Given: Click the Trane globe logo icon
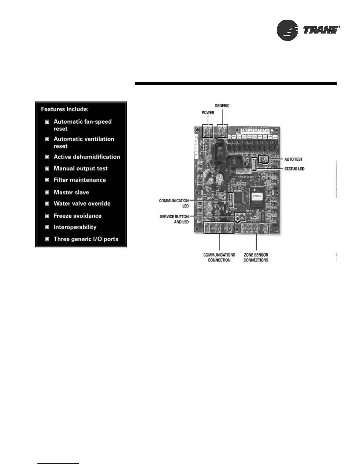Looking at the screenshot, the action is point(288,30).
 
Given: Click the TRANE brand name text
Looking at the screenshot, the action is point(321,30).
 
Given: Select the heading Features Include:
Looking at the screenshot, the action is point(65,109).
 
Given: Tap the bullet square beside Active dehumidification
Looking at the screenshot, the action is point(47,157).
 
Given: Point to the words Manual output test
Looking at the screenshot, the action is point(80,169).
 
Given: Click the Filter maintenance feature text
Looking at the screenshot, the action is point(79,180).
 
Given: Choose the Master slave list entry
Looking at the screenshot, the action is point(71,192).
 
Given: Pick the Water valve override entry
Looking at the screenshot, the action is point(82,204).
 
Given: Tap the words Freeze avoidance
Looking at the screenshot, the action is point(77,216).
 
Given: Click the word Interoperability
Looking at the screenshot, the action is point(75,227).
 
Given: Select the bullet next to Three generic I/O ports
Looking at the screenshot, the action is point(47,239).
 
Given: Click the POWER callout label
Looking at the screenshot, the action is point(208,113).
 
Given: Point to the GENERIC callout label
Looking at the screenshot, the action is point(222,106).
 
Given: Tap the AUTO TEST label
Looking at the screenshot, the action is point(293,159).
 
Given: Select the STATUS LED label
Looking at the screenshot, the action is point(294,169).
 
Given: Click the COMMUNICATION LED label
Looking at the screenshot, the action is point(174,203).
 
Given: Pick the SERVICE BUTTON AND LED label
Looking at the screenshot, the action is point(174,219).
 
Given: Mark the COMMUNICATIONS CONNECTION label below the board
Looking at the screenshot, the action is point(219,257).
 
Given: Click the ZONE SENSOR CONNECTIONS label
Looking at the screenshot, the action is point(256,257).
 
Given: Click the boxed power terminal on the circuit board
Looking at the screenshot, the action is point(208,131).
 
